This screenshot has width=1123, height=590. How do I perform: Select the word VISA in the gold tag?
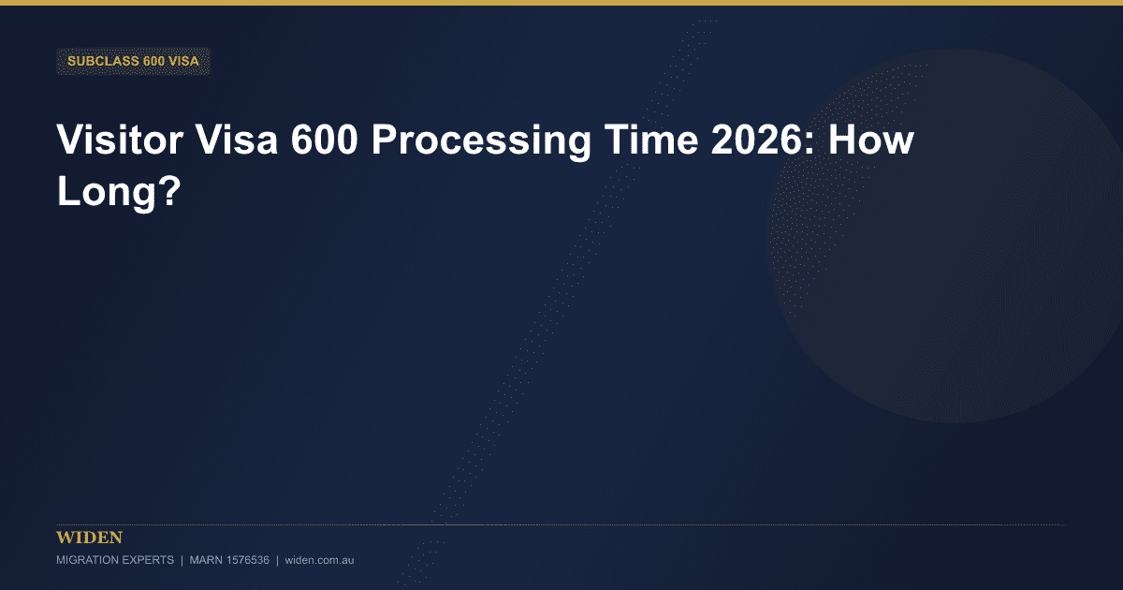coord(183,61)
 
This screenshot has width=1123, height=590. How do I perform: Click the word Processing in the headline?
coord(481,143)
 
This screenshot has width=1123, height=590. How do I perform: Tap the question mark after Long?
coord(170,191)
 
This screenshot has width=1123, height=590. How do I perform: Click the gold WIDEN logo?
coord(89,538)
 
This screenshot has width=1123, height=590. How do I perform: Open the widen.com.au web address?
coord(319,560)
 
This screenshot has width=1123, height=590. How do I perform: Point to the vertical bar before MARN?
coord(182,560)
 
